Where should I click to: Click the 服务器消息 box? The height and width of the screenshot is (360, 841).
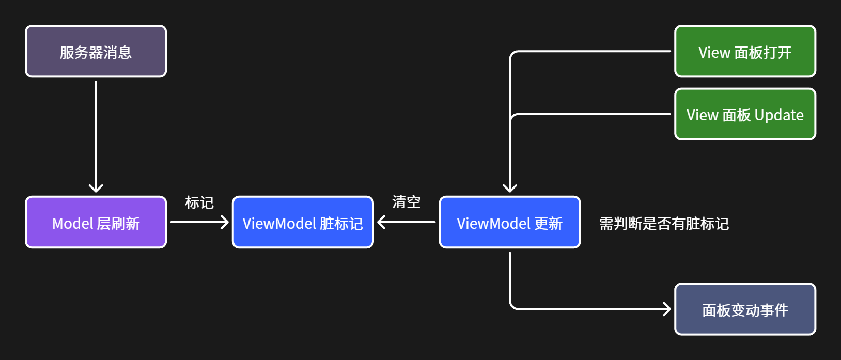tap(96, 52)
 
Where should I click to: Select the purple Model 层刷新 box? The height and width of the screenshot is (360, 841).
tap(96, 222)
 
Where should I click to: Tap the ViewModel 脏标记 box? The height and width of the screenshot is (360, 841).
tap(303, 222)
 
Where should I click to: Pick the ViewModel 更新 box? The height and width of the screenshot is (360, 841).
tap(510, 222)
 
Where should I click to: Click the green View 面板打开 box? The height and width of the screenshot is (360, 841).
tap(745, 52)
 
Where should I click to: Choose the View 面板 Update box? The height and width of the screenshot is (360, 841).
tap(745, 114)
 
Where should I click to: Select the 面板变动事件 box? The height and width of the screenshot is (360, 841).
tap(745, 309)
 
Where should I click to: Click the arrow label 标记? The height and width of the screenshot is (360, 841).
tap(199, 202)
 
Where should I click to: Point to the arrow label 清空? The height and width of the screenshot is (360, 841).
tap(407, 202)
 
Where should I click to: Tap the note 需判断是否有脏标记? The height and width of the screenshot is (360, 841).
tap(664, 224)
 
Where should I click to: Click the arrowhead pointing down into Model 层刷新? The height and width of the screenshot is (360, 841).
tap(96, 188)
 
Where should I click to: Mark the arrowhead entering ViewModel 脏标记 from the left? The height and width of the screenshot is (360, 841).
tap(225, 222)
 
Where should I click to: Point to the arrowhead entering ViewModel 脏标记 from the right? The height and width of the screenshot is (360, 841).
tap(382, 222)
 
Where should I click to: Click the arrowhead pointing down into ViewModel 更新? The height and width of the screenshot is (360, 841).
tap(510, 188)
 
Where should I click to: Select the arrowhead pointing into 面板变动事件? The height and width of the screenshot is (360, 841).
tap(667, 309)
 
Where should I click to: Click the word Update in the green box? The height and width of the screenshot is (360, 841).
tap(779, 115)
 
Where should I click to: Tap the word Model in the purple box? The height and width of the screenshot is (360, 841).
tap(72, 224)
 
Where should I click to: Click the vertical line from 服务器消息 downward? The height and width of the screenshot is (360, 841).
tap(96, 135)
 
